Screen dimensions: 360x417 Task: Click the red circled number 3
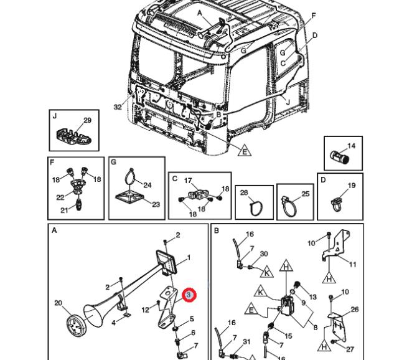(189, 294)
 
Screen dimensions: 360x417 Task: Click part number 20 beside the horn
(58, 303)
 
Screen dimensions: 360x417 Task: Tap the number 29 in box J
(87, 120)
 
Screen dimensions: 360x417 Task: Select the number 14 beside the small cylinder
(351, 146)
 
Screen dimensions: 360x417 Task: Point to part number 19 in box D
(351, 186)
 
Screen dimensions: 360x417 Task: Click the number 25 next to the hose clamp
(305, 194)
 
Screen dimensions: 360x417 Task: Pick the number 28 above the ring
(244, 192)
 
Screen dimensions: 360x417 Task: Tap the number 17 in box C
(187, 181)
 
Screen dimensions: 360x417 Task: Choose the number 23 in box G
(156, 204)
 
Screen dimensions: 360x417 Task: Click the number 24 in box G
(148, 185)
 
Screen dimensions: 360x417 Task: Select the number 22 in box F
(61, 197)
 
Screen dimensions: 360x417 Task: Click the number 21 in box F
(63, 210)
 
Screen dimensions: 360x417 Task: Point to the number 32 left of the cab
(118, 107)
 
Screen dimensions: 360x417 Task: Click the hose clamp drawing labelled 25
(288, 206)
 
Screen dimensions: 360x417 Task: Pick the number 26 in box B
(355, 310)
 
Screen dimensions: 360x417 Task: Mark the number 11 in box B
(353, 264)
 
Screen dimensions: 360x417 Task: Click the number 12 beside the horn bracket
(145, 310)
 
